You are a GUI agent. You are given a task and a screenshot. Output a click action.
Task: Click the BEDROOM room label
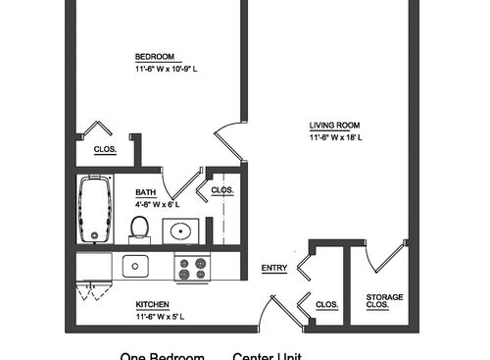tap(156, 57)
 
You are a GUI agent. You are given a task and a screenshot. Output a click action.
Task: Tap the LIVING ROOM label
tap(334, 126)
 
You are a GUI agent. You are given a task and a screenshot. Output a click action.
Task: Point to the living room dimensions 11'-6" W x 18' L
tap(336, 137)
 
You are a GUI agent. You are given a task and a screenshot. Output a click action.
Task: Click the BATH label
tap(145, 193)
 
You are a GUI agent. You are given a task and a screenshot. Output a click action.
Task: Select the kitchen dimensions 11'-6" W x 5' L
tap(161, 316)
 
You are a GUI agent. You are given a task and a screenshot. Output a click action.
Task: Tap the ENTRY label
tap(273, 269)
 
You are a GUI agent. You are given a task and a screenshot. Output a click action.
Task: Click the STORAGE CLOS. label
tap(384, 301)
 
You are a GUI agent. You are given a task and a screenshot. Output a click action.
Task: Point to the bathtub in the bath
tap(96, 209)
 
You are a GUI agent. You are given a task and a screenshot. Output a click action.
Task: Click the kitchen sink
tap(134, 265)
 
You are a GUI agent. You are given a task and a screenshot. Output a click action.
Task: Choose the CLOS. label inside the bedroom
tap(105, 149)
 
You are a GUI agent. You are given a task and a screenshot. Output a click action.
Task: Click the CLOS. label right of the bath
tap(221, 189)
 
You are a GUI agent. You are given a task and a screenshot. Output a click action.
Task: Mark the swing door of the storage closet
tap(386, 256)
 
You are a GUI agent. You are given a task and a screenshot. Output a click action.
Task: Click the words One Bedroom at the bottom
tap(162, 355)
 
